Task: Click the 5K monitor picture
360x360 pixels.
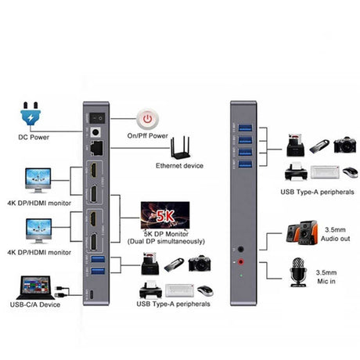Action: (x=163, y=214)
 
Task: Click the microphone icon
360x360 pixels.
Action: (x=297, y=270)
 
